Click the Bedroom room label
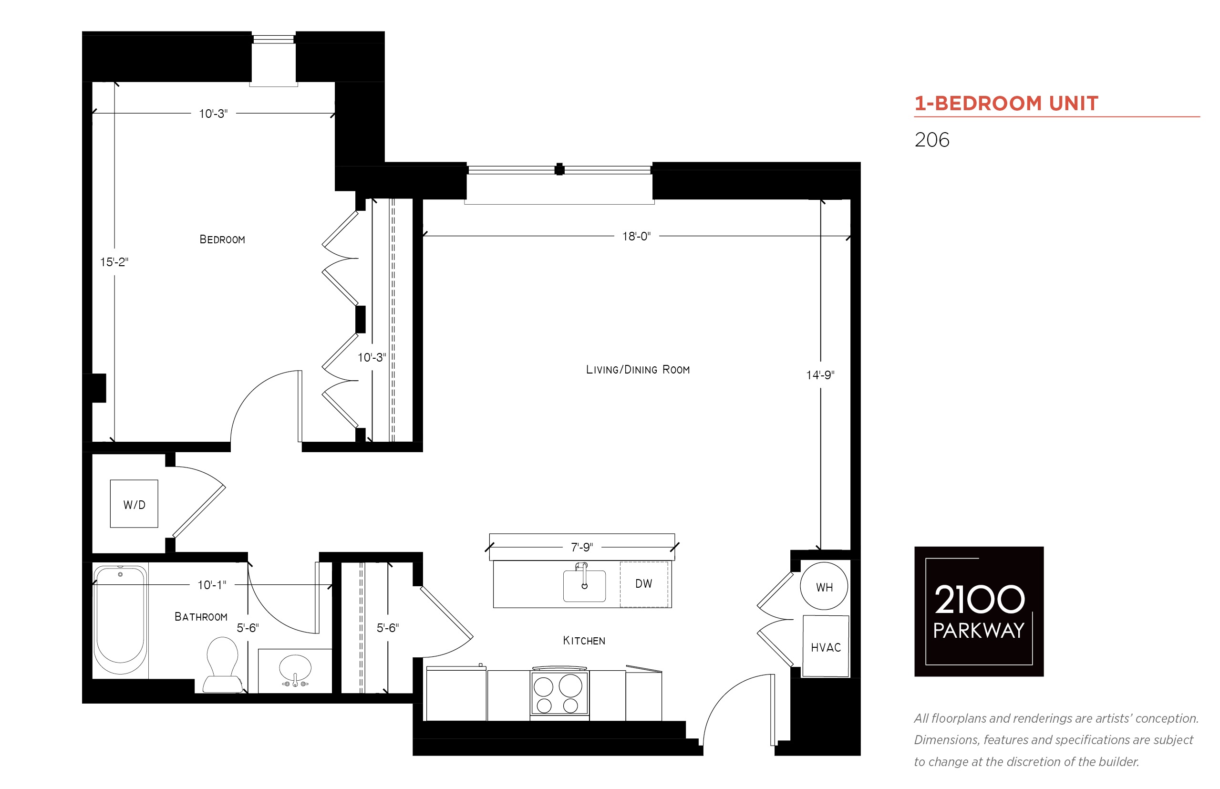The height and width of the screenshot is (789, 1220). coord(222,239)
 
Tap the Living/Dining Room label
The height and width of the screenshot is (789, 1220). coord(638,369)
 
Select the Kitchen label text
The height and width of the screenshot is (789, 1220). coord(584,641)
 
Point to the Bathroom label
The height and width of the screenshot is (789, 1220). coord(201,616)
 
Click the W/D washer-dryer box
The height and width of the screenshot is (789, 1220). coord(134,504)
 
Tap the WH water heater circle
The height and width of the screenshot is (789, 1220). coord(824,586)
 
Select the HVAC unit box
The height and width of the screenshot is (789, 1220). coord(826,646)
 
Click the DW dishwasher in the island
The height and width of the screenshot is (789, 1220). coord(644,584)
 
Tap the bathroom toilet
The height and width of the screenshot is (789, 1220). coord(223,664)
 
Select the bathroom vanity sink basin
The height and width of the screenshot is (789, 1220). coord(295,669)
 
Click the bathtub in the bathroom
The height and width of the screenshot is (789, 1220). coord(120,620)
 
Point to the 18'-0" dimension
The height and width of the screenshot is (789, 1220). coord(636,236)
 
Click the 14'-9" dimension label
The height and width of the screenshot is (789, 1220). coord(820,375)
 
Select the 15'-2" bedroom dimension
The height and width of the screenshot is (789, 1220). coord(114,262)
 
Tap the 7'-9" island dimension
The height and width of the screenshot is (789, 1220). coord(582,547)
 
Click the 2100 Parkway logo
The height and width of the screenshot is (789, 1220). coord(979,611)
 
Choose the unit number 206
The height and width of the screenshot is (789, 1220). coord(931,140)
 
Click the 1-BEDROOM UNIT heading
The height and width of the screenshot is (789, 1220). coord(1006,104)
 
